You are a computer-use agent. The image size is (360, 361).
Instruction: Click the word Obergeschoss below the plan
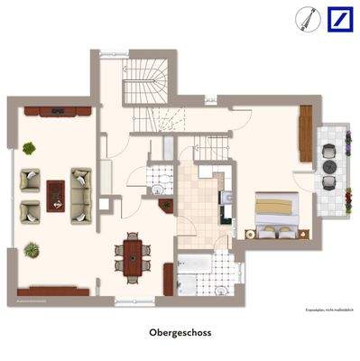click(180, 332)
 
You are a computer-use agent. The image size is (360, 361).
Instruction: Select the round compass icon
click(308, 18)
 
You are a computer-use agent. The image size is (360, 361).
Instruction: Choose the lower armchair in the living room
click(31, 210)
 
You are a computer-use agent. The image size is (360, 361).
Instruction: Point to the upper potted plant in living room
click(30, 147)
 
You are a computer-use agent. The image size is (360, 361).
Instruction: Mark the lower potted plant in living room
click(32, 247)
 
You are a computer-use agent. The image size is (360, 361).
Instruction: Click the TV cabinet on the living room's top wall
click(57, 112)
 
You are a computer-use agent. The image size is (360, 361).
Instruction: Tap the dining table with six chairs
click(134, 254)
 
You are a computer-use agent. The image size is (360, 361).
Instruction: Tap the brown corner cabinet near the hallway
click(166, 204)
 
